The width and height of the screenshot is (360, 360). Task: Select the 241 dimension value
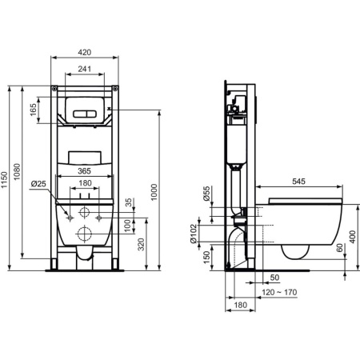(84, 70)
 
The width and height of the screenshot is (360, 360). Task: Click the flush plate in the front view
(84, 109)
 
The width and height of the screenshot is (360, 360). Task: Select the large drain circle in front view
(84, 235)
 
